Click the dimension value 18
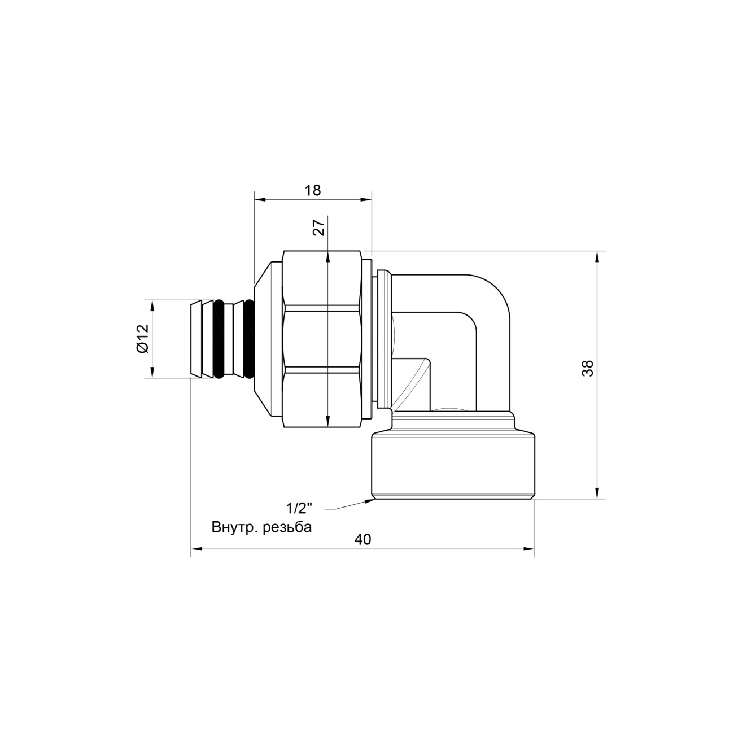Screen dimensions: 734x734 [313, 190]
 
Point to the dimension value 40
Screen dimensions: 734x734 [362, 539]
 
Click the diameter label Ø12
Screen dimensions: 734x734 [142, 339]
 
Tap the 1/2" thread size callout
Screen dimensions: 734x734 [299, 508]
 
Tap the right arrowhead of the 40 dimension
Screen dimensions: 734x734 [530, 549]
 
